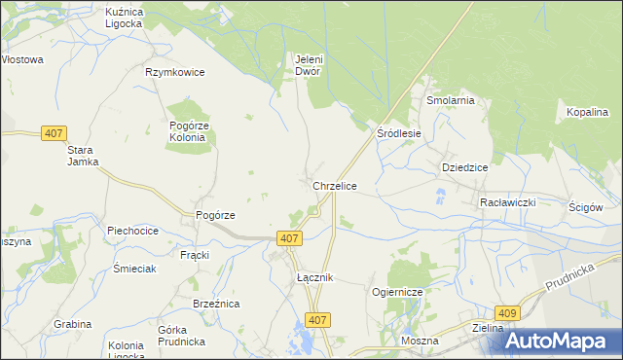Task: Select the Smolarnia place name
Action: pos(449,100)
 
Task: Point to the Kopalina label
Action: pos(587,113)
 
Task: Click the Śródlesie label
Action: pos(399,133)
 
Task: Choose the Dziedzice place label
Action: pos(464,166)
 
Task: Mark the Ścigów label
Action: pos(587,207)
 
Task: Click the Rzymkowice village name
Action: pos(175,72)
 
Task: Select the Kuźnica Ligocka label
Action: pos(124,17)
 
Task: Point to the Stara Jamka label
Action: pos(83,157)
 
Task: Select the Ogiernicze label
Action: pos(395,292)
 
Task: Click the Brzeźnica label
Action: pos(216,304)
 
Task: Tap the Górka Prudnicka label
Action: pos(180,336)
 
